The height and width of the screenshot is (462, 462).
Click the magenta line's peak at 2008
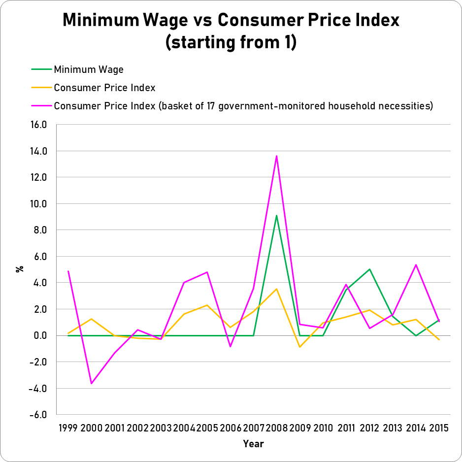click(277, 156)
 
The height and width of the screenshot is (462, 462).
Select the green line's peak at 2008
click(277, 215)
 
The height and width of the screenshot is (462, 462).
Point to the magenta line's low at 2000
click(91, 383)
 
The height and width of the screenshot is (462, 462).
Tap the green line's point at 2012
click(369, 269)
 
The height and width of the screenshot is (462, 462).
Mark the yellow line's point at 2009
click(300, 347)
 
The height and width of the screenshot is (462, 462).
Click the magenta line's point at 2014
click(416, 265)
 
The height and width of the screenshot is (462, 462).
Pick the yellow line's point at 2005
click(207, 305)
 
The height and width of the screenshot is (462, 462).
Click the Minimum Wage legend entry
click(89, 69)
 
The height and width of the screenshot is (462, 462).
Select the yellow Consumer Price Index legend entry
click(104, 88)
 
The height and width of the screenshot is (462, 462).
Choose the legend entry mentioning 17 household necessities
click(243, 106)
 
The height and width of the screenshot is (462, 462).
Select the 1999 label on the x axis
click(68, 427)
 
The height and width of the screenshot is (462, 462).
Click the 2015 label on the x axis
click(438, 427)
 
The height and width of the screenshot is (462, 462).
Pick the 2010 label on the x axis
click(323, 427)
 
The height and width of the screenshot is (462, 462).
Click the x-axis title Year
click(254, 444)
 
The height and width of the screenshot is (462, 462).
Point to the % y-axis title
click(20, 269)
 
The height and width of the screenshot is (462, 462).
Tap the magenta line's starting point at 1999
click(68, 271)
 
